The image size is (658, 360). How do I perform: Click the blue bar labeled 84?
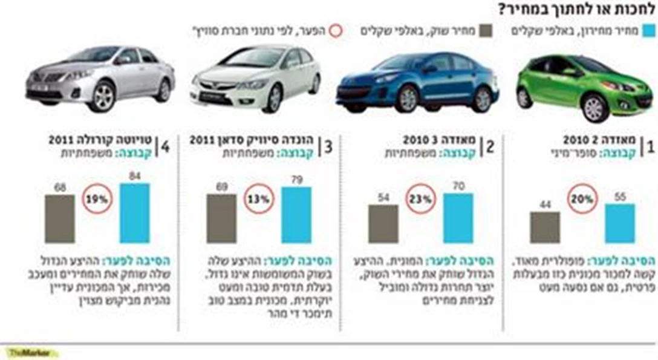point(134,213)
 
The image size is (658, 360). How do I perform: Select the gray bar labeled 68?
point(60,218)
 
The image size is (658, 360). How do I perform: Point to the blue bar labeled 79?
point(296,215)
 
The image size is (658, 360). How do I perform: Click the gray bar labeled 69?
point(221,218)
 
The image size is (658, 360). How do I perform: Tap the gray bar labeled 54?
point(383,224)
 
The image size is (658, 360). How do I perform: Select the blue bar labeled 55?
point(620,223)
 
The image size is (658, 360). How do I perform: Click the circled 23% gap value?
point(421,198)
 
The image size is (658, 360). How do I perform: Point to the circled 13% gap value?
point(259,198)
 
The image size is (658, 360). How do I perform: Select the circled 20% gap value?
point(582,199)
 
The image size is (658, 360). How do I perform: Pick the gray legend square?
point(486,31)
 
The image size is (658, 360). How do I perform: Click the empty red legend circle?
point(336,31)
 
